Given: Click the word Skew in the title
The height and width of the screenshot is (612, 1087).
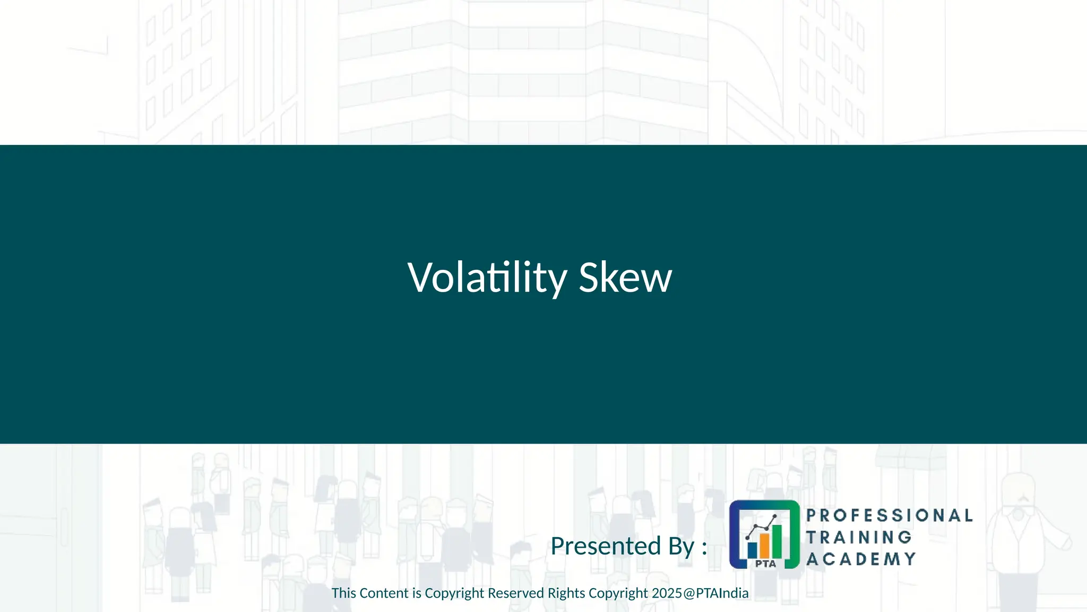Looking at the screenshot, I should [x=625, y=277].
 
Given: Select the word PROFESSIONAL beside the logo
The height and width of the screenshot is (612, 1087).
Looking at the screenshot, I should [x=890, y=515].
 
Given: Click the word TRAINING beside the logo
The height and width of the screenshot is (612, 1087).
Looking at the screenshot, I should [x=859, y=537].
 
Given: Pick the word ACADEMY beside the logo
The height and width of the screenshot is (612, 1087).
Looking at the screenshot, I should [x=861, y=559].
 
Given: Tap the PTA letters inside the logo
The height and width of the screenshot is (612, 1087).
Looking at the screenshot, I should [x=765, y=564].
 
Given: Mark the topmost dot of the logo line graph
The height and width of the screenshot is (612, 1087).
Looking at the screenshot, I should [x=775, y=516].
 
